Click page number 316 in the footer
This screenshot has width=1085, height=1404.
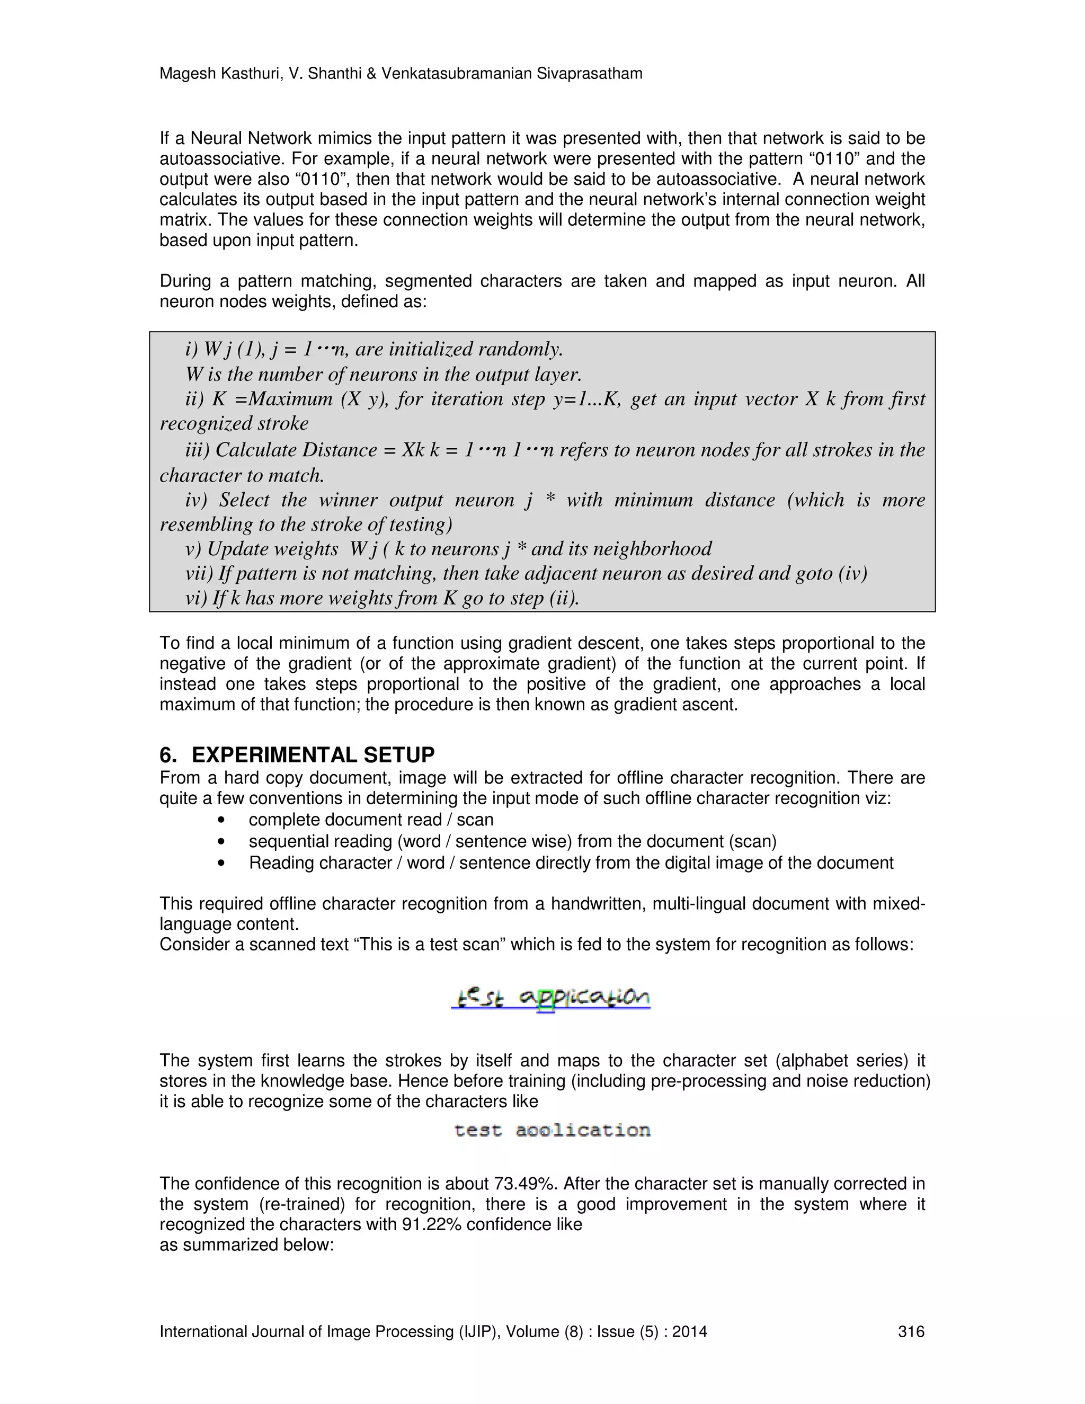point(910,1331)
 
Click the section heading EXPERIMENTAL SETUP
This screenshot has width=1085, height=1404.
point(313,754)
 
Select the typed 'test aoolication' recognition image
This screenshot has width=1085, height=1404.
point(552,1130)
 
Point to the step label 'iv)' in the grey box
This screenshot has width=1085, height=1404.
point(196,500)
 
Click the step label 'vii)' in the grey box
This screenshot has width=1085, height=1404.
point(199,573)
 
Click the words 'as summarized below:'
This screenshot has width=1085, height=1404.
point(246,1245)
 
